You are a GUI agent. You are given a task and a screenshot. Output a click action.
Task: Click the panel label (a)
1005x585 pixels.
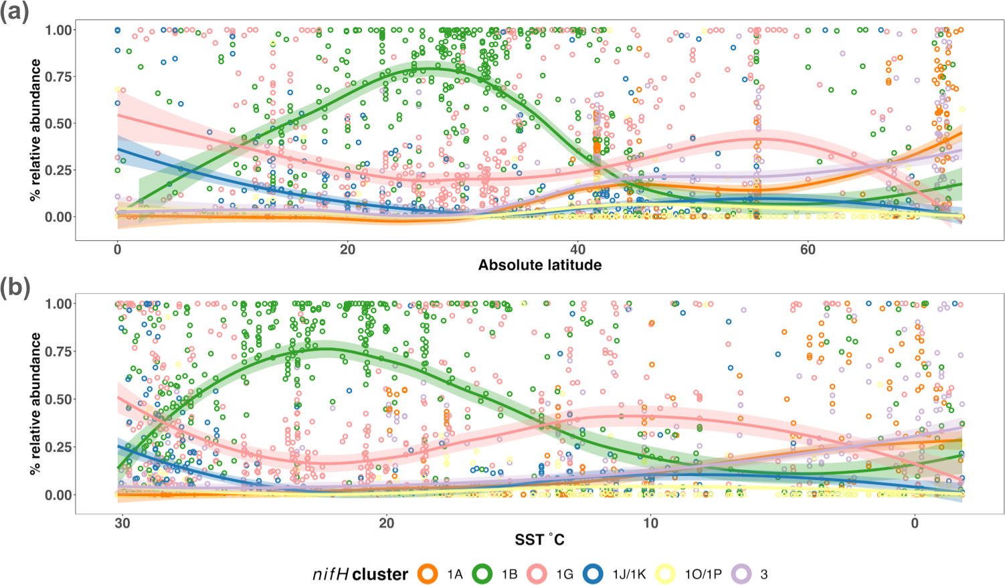pos(15,13)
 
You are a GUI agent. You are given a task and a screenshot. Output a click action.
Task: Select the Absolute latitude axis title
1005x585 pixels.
pos(539,265)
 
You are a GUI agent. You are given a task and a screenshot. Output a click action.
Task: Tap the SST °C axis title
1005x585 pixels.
pos(539,539)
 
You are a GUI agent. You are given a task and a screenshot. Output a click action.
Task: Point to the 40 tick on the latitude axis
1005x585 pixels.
pos(577,250)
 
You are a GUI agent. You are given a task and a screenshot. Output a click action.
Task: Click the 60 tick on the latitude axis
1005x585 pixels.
pos(808,250)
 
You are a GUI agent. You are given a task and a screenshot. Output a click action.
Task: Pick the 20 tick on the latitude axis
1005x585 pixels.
pos(347,250)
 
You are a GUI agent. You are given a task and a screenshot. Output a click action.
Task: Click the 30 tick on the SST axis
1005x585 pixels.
pos(122,523)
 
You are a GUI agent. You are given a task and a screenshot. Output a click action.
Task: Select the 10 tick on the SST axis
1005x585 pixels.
pos(650,523)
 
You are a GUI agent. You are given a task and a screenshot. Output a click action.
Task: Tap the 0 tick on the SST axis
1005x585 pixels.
pos(915,523)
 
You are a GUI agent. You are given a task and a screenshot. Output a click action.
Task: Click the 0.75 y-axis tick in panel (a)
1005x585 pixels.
pos(59,77)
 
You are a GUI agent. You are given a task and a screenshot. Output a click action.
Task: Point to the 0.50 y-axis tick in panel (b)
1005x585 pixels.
pos(59,400)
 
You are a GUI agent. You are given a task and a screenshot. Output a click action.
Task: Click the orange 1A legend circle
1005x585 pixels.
pos(428,574)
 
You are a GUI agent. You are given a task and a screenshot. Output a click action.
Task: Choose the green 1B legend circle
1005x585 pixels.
pos(483,574)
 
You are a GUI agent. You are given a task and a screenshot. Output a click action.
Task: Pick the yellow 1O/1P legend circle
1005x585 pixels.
pos(665,574)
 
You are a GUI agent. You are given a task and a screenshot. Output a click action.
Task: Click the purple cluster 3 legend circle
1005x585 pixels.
pos(741,574)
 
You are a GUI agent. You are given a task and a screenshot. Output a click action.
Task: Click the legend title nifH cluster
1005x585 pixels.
pos(360,574)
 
